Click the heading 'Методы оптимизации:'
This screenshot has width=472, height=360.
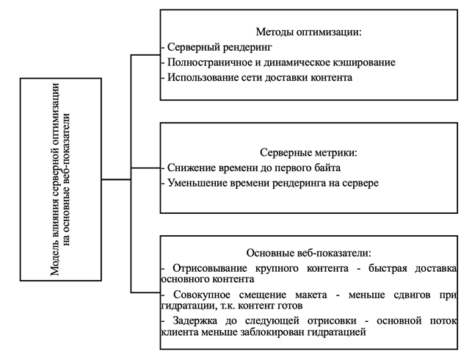[x=309, y=32]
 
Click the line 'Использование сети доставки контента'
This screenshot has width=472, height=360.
[x=259, y=77]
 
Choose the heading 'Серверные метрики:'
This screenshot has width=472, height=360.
[x=308, y=153]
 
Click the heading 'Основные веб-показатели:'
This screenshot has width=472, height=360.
[x=309, y=253]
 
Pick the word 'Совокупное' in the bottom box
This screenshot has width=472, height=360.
[x=198, y=294]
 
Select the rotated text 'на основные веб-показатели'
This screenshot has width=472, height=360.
[x=70, y=179]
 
